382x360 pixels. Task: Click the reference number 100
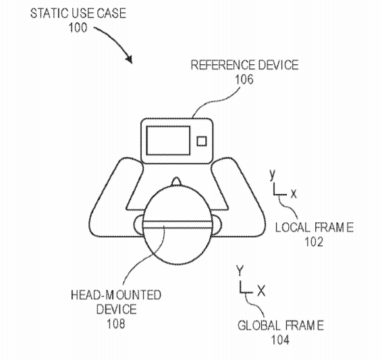pyautogui.click(x=78, y=28)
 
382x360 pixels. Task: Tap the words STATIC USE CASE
pyautogui.click(x=78, y=13)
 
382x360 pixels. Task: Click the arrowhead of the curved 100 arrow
pyautogui.click(x=129, y=59)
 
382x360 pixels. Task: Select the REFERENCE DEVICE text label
pyautogui.click(x=244, y=65)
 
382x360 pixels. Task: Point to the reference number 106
pyautogui.click(x=244, y=80)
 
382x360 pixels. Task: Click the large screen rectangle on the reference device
pyautogui.click(x=168, y=140)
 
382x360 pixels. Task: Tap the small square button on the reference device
pyautogui.click(x=202, y=141)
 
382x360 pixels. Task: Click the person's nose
pyautogui.click(x=176, y=182)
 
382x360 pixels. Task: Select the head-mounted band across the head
pyautogui.click(x=178, y=224)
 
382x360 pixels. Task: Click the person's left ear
pyautogui.click(x=138, y=224)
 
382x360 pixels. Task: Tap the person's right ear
pyautogui.click(x=217, y=225)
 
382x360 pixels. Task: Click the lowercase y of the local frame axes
pyautogui.click(x=273, y=174)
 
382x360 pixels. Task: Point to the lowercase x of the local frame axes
pyautogui.click(x=294, y=195)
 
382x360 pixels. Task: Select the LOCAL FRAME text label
pyautogui.click(x=315, y=227)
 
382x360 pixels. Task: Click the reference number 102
pyautogui.click(x=314, y=242)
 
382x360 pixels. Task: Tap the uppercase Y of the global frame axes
pyautogui.click(x=240, y=271)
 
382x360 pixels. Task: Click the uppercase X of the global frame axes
pyautogui.click(x=261, y=291)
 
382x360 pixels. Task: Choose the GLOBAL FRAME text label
pyautogui.click(x=281, y=326)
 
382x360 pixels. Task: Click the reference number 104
pyautogui.click(x=280, y=340)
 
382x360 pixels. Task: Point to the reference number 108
pyautogui.click(x=115, y=324)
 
